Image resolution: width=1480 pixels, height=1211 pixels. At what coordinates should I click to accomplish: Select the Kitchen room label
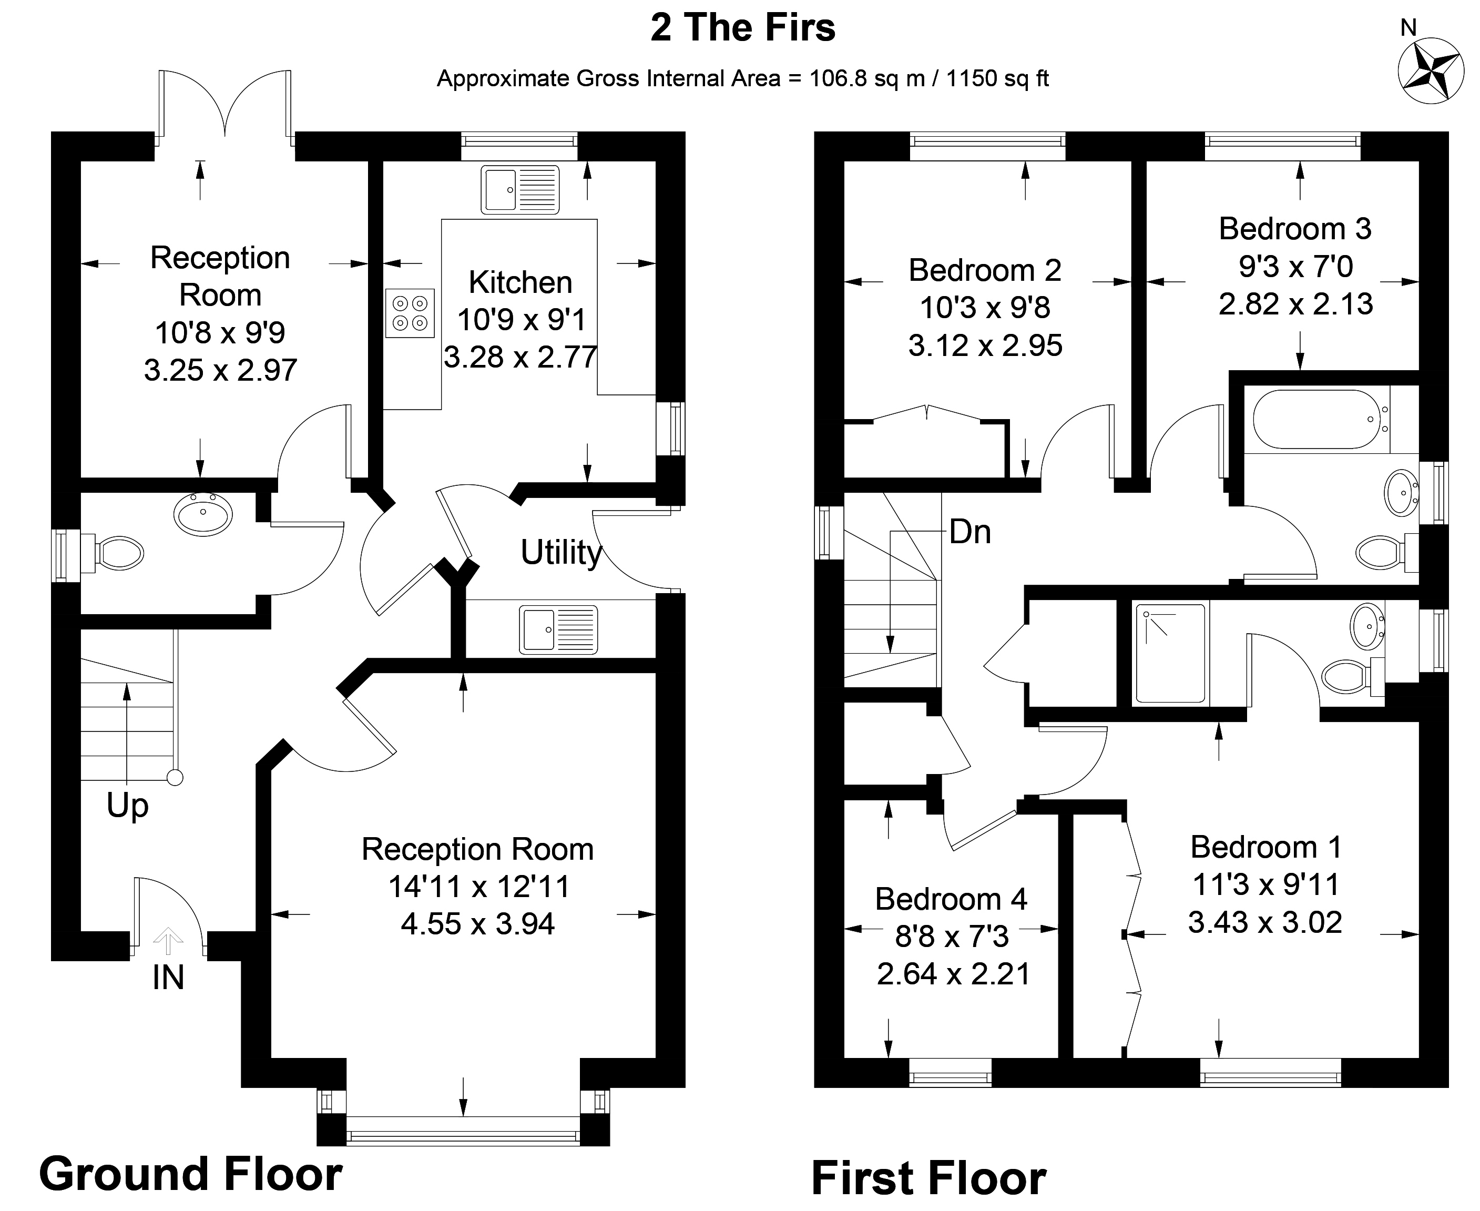[x=520, y=282]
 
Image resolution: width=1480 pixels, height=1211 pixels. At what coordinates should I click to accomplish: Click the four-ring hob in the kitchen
[x=410, y=313]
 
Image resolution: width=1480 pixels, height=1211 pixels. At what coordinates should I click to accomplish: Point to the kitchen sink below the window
[x=519, y=190]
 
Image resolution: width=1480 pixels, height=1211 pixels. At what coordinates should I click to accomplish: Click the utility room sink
[x=558, y=630]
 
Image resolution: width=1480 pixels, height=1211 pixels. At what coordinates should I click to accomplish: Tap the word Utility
[x=561, y=553]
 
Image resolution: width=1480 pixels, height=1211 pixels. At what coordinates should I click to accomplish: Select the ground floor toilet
[x=115, y=554]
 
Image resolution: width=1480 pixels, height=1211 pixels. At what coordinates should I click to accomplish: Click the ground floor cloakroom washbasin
[x=203, y=513]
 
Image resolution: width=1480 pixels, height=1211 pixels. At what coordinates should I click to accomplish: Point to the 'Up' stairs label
[x=128, y=806]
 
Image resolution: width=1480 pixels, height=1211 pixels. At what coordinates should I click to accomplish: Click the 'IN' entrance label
[x=168, y=978]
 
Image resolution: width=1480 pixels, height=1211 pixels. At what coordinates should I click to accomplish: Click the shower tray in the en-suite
[x=1170, y=653]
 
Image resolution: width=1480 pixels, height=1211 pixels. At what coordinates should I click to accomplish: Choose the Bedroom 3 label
[x=1294, y=229]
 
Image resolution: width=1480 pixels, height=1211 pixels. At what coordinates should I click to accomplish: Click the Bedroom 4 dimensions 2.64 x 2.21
[x=953, y=974]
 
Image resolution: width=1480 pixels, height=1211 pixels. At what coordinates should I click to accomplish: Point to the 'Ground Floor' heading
[x=190, y=1174]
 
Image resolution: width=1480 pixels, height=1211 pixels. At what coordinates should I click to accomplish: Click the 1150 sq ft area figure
[x=997, y=79]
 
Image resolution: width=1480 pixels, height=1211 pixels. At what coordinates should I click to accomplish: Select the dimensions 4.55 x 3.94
[x=478, y=924]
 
